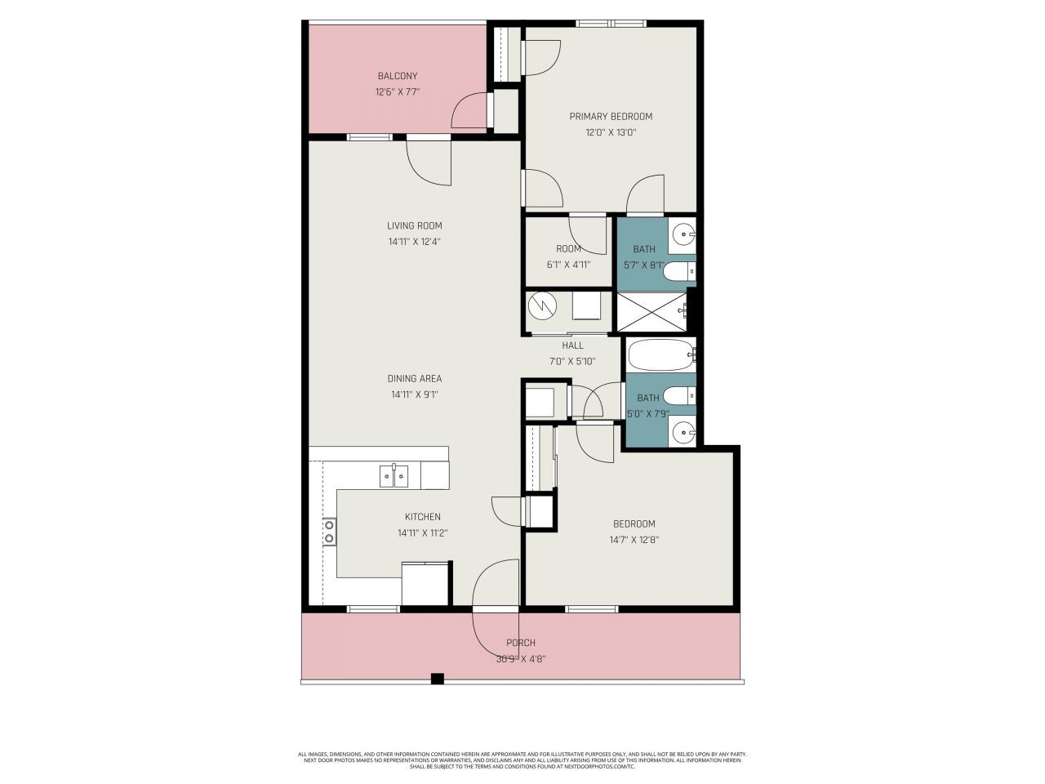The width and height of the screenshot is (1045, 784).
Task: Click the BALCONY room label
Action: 397,76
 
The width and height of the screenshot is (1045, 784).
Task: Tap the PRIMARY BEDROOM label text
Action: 611,116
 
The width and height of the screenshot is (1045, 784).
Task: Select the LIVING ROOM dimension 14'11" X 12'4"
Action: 414,242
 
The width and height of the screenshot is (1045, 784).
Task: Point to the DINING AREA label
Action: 414,378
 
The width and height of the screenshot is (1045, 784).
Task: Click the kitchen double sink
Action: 394,474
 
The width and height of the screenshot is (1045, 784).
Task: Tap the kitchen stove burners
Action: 329,532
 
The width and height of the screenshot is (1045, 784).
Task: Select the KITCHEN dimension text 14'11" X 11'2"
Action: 422,533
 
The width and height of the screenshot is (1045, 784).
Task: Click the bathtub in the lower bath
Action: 660,355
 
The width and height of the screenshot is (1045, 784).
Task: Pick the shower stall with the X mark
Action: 651,311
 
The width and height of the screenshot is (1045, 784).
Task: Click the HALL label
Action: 572,345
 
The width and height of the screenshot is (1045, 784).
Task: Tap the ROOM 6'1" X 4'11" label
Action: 568,256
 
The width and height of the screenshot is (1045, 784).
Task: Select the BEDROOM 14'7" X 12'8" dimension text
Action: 634,540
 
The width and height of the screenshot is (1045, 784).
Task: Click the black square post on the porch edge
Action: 437,678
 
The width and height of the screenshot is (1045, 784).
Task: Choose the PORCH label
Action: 520,643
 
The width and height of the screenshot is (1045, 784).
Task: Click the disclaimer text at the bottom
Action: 522,760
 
